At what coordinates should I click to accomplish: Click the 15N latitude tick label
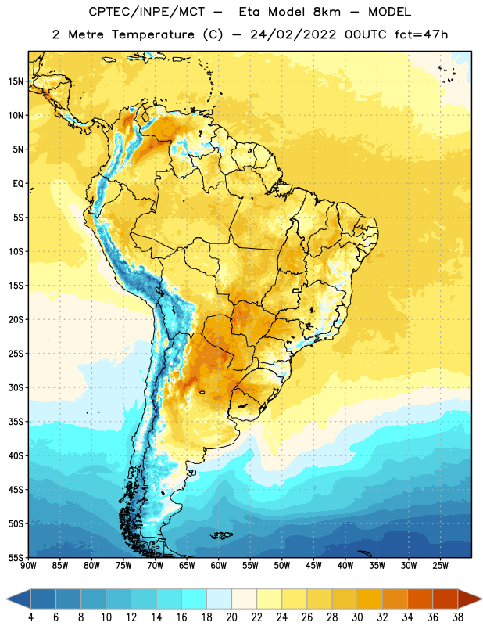pos(16,81)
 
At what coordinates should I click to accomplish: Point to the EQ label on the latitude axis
pos(18,184)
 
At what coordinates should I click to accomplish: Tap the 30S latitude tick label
pos(16,387)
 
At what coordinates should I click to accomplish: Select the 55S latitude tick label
pos(16,557)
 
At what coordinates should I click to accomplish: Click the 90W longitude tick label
pos(28,566)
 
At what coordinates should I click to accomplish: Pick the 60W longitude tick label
pos(219,566)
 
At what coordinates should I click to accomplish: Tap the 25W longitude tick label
pos(440,566)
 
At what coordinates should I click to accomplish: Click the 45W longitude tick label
pos(313,566)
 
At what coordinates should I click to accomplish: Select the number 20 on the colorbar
pos(231,617)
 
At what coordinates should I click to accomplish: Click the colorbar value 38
pos(457,617)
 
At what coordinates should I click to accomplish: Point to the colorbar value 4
pos(30,617)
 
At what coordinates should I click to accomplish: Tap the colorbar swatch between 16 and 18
pos(194,599)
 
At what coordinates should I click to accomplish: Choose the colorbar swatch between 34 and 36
pos(420,599)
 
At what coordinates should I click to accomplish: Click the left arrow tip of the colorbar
pos(6,599)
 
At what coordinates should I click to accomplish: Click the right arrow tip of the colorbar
pos(481,599)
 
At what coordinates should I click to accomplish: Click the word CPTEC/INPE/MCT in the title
pos(147,12)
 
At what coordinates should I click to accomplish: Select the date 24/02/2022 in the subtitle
pos(293,34)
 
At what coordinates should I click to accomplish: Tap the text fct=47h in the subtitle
pos(421,34)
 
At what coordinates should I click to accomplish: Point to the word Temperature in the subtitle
pos(152,34)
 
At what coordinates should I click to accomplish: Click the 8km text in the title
pos(327,12)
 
